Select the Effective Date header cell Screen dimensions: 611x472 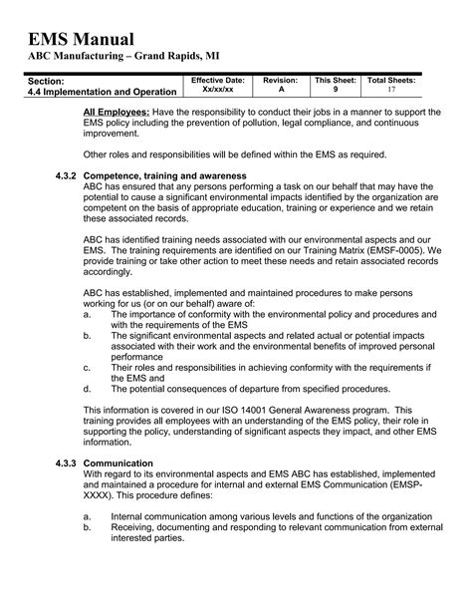pyautogui.click(x=217, y=79)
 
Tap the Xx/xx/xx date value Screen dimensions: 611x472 pyautogui.click(x=217, y=89)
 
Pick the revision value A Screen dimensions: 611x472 pyautogui.click(x=280, y=89)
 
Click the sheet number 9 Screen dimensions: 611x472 pyautogui.click(x=336, y=89)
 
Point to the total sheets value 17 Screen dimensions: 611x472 pyautogui.click(x=391, y=89)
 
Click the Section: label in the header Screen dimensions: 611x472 pyautogui.click(x=46, y=80)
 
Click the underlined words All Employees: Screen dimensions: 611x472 pyautogui.click(x=117, y=112)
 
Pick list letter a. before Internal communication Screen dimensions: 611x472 pyautogui.click(x=88, y=517)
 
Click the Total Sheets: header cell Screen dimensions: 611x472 pyautogui.click(x=391, y=79)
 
